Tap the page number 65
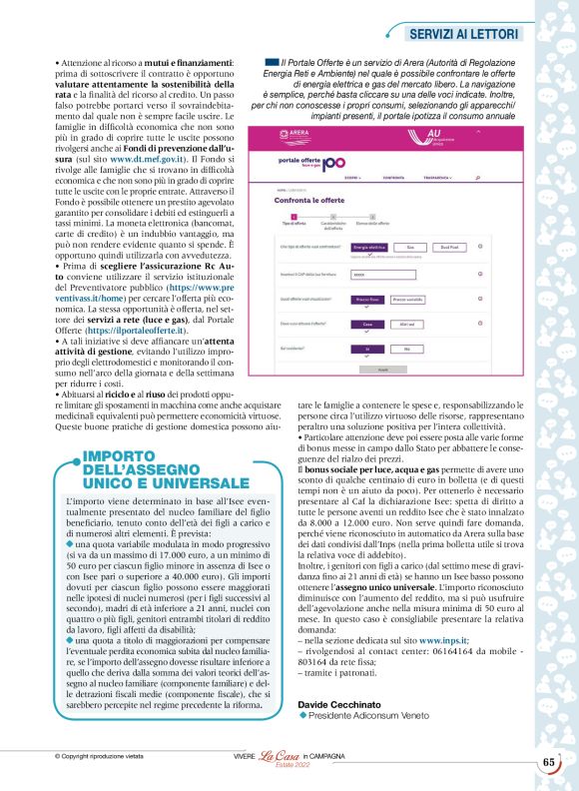[x=549, y=762]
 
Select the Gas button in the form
[x=409, y=246]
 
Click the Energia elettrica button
[x=370, y=246]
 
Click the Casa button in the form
[x=368, y=325]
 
